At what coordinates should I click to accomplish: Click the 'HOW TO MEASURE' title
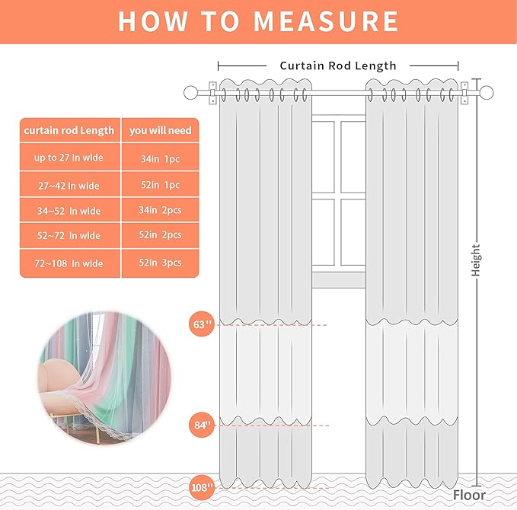tap(258, 21)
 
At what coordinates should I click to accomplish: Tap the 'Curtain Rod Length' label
tap(338, 65)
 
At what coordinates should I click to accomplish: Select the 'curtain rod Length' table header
tap(69, 130)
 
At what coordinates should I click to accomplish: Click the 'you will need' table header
tap(161, 130)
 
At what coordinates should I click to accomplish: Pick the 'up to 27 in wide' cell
tap(69, 158)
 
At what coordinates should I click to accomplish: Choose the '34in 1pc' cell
tap(161, 158)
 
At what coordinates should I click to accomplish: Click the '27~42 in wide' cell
tap(69, 185)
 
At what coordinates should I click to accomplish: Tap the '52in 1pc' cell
tap(161, 185)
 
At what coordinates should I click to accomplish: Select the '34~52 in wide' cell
tap(69, 211)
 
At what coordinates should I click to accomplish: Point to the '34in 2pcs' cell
tap(161, 211)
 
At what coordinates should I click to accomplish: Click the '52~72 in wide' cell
tap(69, 236)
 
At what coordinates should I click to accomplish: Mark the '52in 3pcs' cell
tap(161, 263)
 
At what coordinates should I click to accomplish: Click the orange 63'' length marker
tap(201, 325)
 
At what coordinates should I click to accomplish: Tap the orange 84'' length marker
tap(201, 424)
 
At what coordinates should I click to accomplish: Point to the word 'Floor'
tap(469, 496)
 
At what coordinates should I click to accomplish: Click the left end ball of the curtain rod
tap(191, 94)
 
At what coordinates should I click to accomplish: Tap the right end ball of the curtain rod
tap(482, 94)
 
